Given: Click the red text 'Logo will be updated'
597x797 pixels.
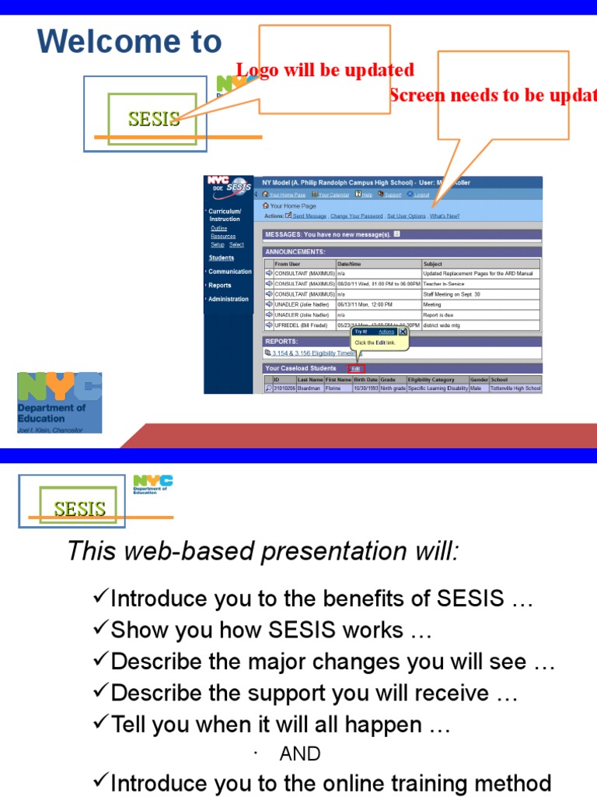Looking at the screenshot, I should pos(325,70).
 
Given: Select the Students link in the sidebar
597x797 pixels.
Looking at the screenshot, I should pos(221,258).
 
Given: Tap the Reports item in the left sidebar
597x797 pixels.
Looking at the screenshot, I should pos(220,285).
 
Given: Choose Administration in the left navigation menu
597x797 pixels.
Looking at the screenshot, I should pos(228,299).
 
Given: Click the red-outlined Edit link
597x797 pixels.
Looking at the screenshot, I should pos(356,368).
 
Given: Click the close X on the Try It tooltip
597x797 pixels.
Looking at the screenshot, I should pos(403,332).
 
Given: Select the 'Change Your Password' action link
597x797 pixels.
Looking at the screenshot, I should pos(356,216).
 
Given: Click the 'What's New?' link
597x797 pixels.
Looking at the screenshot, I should pos(445,216).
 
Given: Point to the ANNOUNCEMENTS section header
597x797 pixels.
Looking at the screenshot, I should pos(295,251).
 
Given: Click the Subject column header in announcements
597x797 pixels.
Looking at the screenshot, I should pos(432,264).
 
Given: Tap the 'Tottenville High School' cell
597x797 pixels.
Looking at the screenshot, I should pos(515,388).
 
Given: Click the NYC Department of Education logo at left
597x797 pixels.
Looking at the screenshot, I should pos(59,402).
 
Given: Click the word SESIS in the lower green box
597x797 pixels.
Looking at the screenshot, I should pos(79,509).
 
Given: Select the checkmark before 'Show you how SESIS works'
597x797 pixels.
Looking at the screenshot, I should pos(100,629).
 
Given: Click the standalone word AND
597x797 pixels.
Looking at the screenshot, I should pos(299,753).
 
